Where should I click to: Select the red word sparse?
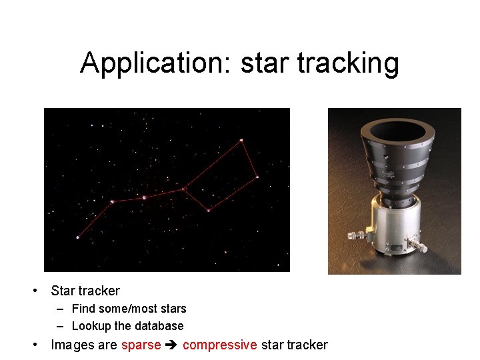point(141,345)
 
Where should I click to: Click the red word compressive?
point(219,345)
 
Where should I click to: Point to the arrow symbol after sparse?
point(171,345)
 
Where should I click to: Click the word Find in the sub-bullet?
point(84,309)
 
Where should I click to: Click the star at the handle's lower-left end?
point(77,237)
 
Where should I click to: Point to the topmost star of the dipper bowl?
point(241,140)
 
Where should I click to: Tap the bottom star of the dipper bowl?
point(208,211)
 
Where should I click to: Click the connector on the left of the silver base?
point(355,235)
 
